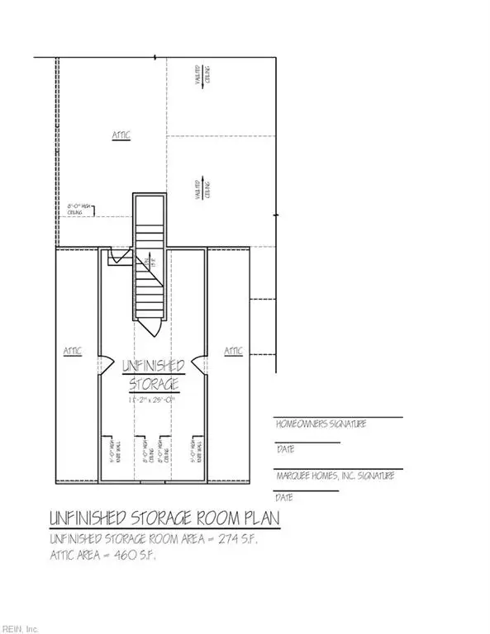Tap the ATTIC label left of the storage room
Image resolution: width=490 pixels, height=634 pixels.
coord(73,351)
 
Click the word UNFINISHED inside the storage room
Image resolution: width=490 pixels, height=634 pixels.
coord(153,366)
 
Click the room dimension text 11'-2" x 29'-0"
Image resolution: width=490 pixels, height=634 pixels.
coord(153,400)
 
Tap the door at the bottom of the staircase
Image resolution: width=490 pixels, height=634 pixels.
coord(152,328)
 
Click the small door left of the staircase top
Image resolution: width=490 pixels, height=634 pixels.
coord(118,259)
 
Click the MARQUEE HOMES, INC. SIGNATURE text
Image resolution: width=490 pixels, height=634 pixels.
coord(334,476)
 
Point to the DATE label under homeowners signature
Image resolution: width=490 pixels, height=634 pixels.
coord(284,450)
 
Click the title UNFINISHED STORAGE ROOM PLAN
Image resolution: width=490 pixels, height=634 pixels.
coord(163,519)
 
